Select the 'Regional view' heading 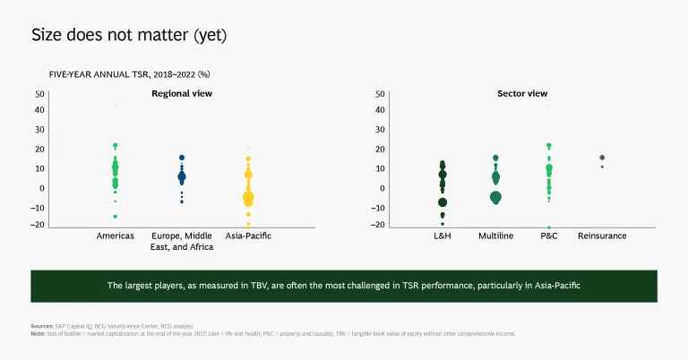181,93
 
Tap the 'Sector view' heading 522,93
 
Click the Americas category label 115,236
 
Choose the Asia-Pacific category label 248,236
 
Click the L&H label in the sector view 442,236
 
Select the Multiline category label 495,236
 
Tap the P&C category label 548,236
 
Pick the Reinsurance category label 602,236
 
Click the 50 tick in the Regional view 39,93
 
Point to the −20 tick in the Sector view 379,225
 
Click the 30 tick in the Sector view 381,131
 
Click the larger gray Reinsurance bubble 602,158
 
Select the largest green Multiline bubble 495,196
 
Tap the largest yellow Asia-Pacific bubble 248,197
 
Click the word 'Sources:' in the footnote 41,327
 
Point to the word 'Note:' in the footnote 38,334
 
